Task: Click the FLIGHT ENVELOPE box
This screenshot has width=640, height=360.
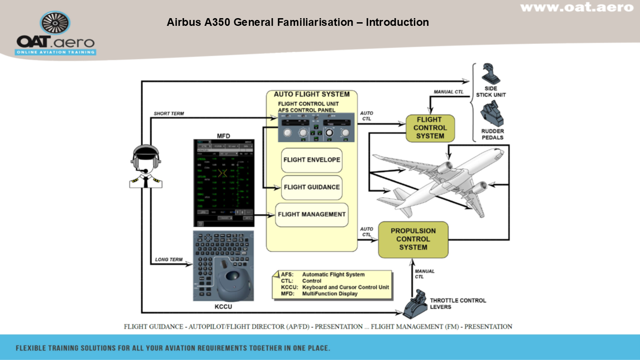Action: [x=311, y=160]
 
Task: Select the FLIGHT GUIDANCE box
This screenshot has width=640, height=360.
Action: [x=311, y=187]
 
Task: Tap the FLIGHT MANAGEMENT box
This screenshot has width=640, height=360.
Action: [x=311, y=214]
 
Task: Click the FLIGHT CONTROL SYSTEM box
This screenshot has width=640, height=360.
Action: [x=430, y=128]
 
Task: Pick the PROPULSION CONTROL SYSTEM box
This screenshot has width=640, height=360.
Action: [x=413, y=239]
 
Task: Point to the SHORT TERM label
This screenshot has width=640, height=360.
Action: [x=169, y=113]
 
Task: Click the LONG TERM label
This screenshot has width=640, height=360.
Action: [x=169, y=260]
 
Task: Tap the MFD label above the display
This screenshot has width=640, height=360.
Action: [x=223, y=135]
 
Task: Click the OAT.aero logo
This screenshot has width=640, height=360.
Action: [x=56, y=34]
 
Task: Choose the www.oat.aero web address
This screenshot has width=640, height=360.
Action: [x=576, y=8]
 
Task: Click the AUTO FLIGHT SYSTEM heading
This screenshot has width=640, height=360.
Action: [x=311, y=94]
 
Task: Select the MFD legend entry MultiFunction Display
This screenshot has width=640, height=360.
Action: [x=330, y=294]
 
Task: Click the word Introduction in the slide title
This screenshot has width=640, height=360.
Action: [x=397, y=22]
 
